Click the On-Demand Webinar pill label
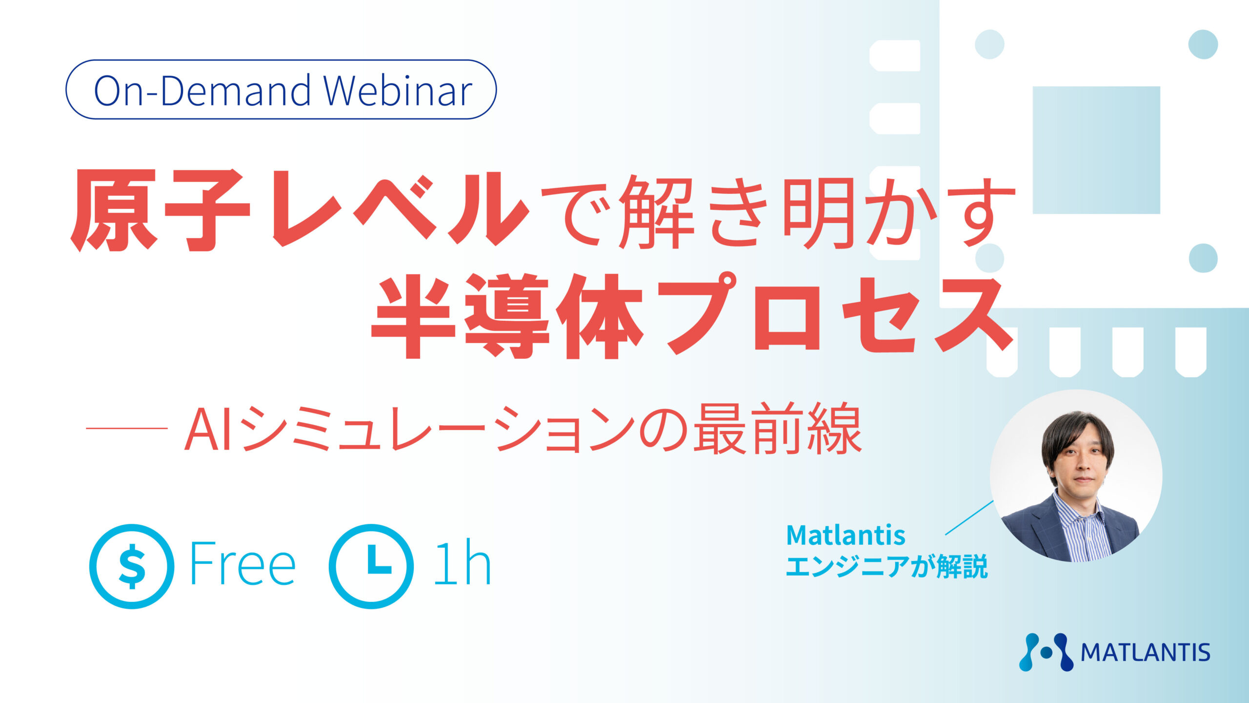pos(281,90)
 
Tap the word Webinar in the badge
pos(398,90)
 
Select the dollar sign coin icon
pos(132,566)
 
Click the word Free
pos(242,563)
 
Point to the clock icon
pos(371,566)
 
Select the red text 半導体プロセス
pos(692,315)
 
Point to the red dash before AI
pos(127,428)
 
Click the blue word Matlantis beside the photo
pos(846,535)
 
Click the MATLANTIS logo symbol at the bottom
pos(1047,652)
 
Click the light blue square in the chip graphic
pos(1096,150)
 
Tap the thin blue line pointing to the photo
pos(969,517)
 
